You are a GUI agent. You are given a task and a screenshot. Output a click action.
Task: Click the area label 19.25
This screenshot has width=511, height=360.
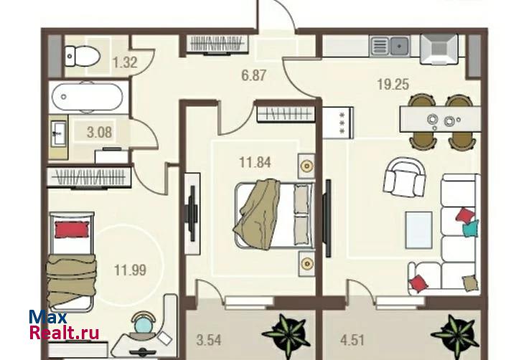click(x=393, y=85)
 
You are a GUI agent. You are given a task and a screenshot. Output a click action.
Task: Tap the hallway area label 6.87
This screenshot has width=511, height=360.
click(x=253, y=75)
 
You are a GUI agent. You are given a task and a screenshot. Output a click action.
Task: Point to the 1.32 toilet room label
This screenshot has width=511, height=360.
click(x=124, y=62)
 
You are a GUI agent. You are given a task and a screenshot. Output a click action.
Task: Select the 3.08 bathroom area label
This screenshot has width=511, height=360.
click(x=99, y=133)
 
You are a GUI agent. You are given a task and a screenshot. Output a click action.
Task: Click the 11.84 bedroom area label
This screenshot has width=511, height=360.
click(x=255, y=162)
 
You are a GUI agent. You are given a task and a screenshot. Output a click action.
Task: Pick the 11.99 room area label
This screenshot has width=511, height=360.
click(x=130, y=270)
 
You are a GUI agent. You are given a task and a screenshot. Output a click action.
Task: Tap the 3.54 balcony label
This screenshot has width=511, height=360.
click(x=209, y=340)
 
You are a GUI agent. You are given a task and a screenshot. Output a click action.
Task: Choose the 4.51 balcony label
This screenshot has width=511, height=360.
click(x=352, y=341)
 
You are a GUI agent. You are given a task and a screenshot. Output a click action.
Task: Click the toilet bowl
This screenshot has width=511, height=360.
click(x=82, y=56)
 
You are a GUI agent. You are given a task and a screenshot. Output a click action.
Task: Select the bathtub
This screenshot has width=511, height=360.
click(x=87, y=97)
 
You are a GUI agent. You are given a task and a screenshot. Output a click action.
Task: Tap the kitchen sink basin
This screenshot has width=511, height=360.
click(x=399, y=46)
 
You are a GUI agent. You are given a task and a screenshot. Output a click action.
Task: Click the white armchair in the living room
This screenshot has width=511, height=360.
click(x=405, y=176)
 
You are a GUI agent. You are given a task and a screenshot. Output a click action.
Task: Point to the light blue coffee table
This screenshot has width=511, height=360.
click(x=418, y=230)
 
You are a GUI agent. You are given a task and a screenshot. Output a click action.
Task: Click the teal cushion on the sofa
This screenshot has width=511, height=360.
click(x=472, y=229)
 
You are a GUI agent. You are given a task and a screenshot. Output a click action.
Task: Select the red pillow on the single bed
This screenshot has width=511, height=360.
click(x=72, y=229)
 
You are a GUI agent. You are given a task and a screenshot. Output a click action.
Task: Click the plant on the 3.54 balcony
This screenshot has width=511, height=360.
click(x=285, y=332)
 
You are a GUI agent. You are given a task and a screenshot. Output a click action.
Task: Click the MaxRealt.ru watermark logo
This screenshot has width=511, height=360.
click(x=64, y=325)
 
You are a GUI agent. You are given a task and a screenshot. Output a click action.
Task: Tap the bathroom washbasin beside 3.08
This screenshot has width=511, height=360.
click(x=59, y=133)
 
